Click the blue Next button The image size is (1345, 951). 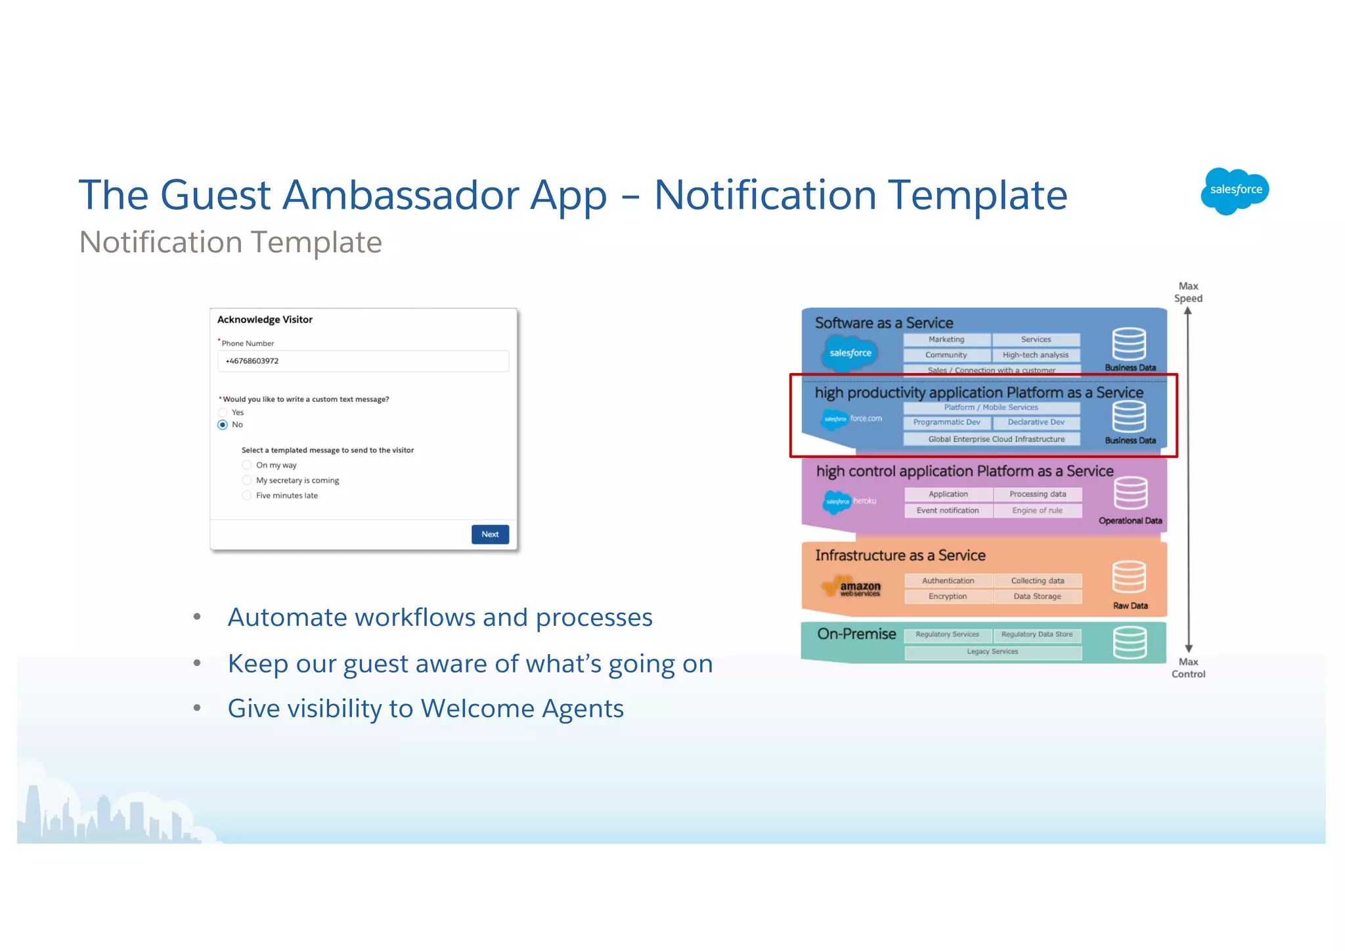tap(490, 534)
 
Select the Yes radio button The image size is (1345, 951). tap(223, 412)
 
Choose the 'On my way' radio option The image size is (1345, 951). tap(247, 465)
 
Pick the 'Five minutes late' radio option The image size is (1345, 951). tap(247, 495)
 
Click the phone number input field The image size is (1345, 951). tap(363, 361)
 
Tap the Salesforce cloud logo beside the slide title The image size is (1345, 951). tap(1235, 190)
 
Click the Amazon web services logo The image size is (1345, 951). tap(852, 586)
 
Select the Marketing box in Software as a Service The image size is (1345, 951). tap(946, 340)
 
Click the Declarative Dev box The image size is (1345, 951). tap(1036, 422)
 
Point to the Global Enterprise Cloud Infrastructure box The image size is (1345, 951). tap(992, 439)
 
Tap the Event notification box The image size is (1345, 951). tap(948, 510)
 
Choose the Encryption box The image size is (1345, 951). tap(948, 596)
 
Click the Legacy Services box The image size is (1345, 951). tap(992, 652)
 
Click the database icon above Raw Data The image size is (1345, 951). tap(1129, 577)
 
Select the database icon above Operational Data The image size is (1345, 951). tap(1130, 493)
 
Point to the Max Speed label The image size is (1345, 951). tap(1188, 292)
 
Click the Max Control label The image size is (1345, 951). tap(1188, 668)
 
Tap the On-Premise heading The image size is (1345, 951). tap(856, 634)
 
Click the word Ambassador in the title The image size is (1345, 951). tap(401, 195)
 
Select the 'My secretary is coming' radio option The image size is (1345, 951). tap(247, 480)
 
